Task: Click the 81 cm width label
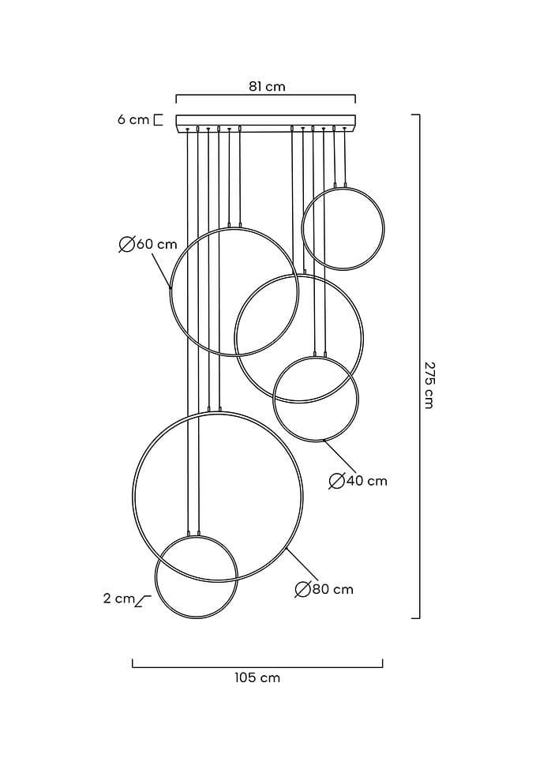click(x=267, y=87)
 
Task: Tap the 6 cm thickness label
click(x=133, y=119)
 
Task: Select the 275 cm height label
click(x=428, y=385)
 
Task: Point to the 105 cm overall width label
click(x=257, y=677)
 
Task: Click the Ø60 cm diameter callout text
click(x=148, y=245)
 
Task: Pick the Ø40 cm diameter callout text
click(x=358, y=481)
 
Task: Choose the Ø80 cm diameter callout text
click(x=324, y=589)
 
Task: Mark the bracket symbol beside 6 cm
click(x=158, y=120)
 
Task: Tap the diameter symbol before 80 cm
click(x=302, y=590)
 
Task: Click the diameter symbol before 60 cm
click(x=126, y=245)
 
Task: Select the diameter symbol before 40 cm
click(x=336, y=482)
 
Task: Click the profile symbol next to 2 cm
click(x=143, y=601)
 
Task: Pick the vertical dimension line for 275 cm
click(x=419, y=366)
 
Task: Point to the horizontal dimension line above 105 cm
click(x=257, y=666)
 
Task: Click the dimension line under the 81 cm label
click(x=265, y=96)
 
